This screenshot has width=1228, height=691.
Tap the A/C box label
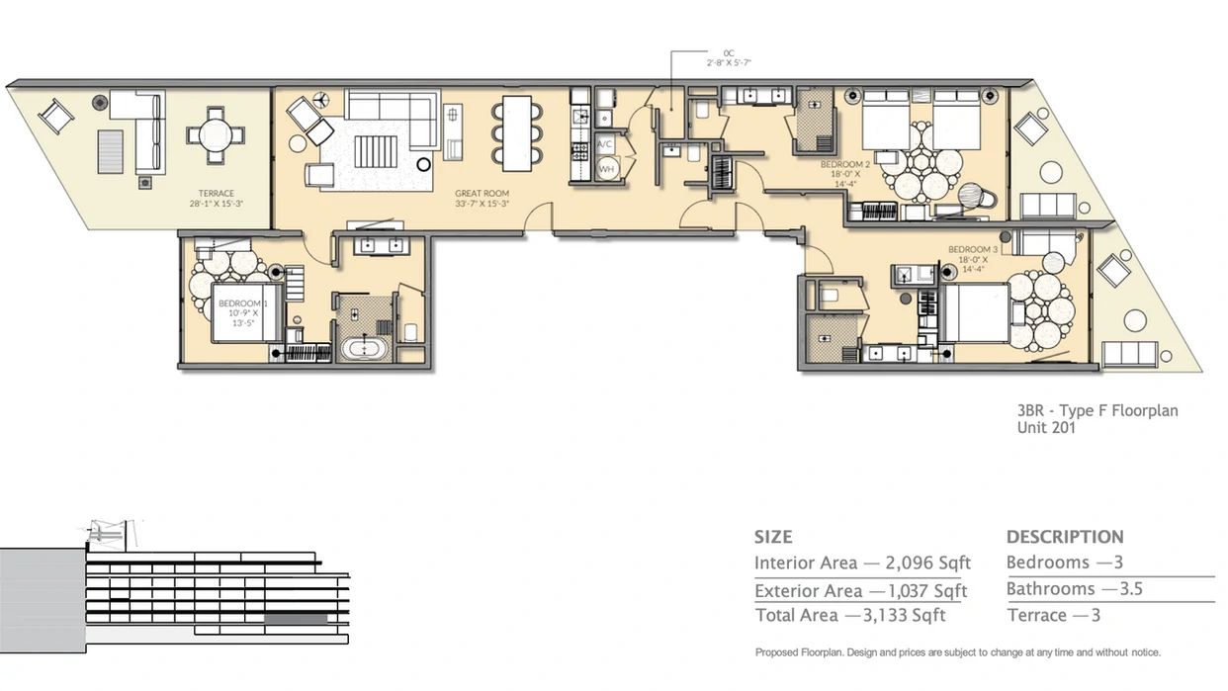point(606,144)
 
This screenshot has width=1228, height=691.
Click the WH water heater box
point(606,169)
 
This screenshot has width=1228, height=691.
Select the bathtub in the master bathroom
point(365,348)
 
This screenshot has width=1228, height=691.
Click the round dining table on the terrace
point(215,135)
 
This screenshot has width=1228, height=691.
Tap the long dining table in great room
point(517,130)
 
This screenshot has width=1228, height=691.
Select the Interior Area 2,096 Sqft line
point(862,562)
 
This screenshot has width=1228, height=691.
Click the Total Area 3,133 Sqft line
point(849,615)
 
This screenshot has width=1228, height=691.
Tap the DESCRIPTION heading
point(1065,537)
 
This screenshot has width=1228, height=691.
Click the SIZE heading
point(773,537)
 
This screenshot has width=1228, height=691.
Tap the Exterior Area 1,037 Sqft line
point(860,591)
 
